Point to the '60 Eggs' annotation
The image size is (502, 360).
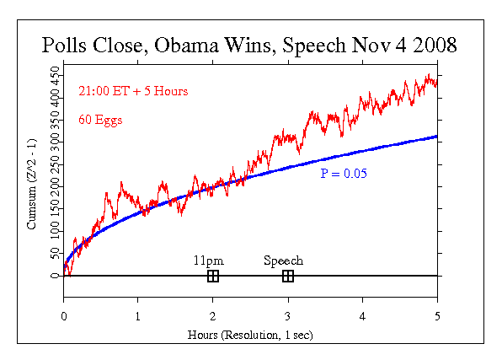100,120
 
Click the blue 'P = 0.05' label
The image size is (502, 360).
342,173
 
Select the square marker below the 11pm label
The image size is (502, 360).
213,276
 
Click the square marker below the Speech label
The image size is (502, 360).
288,276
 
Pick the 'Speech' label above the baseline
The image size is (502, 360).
283,261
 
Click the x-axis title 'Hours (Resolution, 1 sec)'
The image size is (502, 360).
250,334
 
